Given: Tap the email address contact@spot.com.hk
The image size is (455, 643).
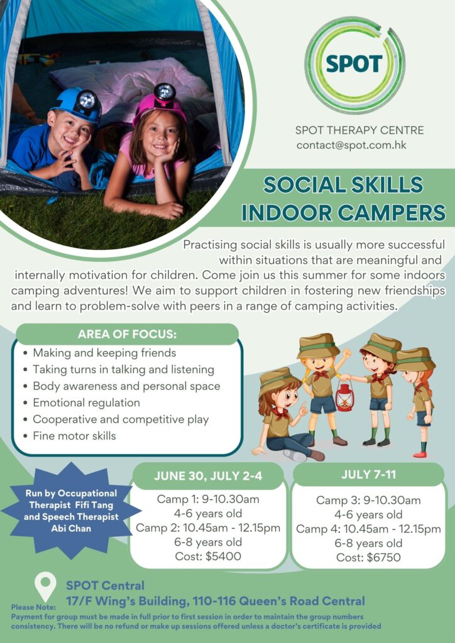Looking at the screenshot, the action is [x=351, y=145].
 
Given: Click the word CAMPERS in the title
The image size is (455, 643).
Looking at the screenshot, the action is [x=391, y=212].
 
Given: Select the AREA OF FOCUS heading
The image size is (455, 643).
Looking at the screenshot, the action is [x=127, y=334].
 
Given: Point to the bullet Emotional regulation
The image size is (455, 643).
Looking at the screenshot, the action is [x=87, y=403].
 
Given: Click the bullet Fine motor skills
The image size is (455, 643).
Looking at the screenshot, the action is [x=74, y=436].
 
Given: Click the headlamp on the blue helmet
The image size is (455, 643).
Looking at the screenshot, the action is [x=87, y=100].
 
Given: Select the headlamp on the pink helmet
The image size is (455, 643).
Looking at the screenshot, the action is [x=165, y=92].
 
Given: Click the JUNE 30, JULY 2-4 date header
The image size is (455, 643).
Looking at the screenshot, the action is [x=208, y=476].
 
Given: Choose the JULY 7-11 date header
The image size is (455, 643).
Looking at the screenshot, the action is [x=368, y=475].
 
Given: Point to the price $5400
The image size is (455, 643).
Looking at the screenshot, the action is [x=224, y=556].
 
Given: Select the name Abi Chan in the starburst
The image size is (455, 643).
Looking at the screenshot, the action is [x=72, y=528].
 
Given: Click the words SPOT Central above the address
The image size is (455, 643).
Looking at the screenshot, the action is [x=106, y=585].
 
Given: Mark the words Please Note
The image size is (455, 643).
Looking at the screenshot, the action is [x=33, y=607].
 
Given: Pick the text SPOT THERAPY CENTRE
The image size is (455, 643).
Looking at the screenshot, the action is [x=359, y=131].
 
